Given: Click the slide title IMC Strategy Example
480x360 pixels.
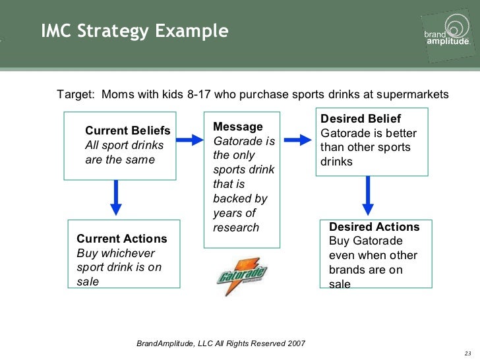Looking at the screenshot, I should (x=135, y=32).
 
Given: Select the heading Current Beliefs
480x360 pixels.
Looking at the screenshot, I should (x=128, y=131).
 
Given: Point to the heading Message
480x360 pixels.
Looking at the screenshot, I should (x=238, y=127).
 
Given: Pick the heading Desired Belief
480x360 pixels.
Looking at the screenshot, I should (x=361, y=119).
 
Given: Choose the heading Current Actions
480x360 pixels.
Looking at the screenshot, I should (x=122, y=239).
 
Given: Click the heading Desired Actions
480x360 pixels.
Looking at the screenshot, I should (x=374, y=227).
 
